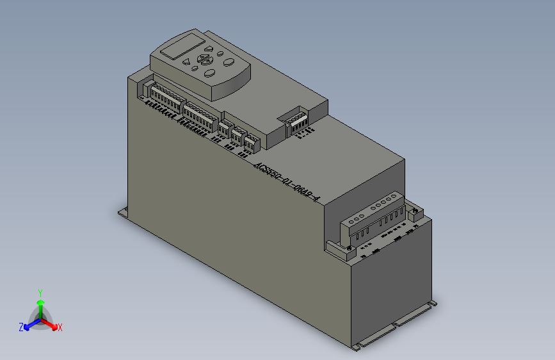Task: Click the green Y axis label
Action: (x=40, y=292)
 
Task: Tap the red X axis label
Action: (x=60, y=327)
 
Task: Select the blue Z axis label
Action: (x=21, y=327)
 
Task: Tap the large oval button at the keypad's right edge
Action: (x=228, y=62)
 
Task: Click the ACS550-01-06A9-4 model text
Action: (x=286, y=181)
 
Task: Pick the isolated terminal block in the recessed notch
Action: (x=297, y=121)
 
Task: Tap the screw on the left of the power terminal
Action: (x=350, y=248)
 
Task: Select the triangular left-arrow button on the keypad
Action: (x=187, y=62)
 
